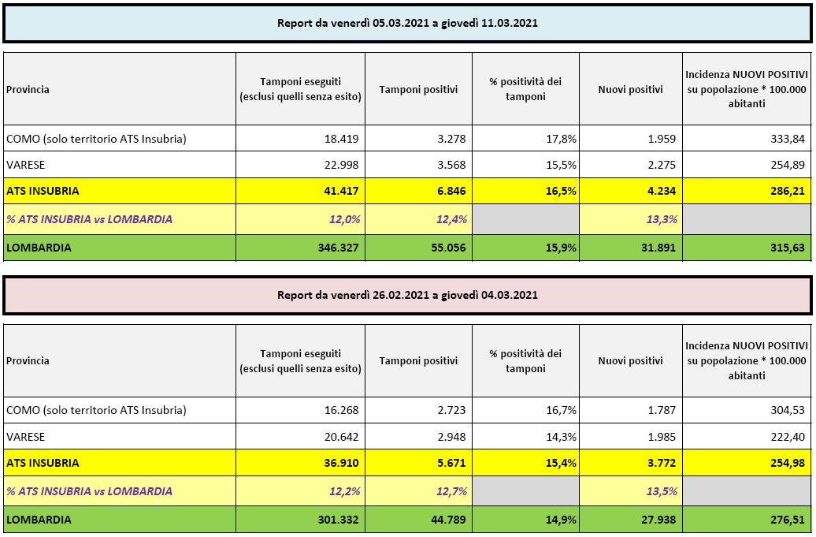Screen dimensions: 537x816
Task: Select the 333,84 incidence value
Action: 789,140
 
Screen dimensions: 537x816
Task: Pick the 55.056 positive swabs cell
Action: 447,248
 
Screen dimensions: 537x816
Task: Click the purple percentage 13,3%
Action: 660,219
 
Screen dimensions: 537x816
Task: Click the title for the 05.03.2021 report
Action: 407,23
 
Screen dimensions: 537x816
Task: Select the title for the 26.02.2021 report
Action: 407,295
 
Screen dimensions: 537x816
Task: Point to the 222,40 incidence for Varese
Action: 789,436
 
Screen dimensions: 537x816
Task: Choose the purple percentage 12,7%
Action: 452,491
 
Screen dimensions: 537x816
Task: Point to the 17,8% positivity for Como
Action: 560,140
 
